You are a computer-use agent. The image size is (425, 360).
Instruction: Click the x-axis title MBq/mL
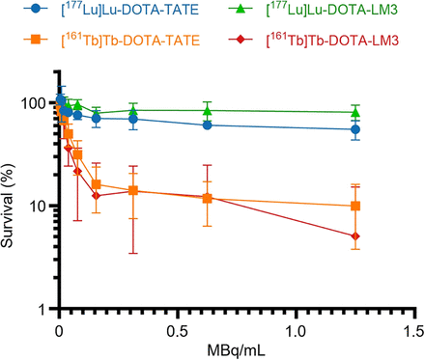236,349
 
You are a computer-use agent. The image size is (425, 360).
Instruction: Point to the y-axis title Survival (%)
11,206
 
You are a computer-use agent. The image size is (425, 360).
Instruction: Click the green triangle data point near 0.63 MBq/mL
208,110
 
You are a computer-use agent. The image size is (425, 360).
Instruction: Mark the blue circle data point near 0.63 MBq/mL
208,125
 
